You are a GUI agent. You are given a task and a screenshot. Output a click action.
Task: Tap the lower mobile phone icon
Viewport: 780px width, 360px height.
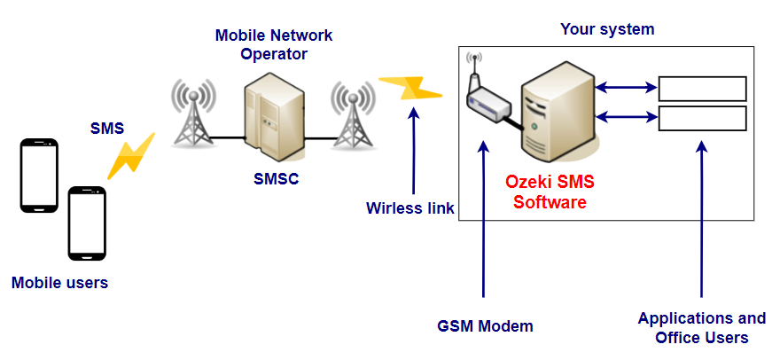[88, 223]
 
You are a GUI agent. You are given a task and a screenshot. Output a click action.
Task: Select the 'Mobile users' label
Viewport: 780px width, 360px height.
[59, 284]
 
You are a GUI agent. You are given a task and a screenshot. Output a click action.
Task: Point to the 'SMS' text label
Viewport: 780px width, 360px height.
[107, 128]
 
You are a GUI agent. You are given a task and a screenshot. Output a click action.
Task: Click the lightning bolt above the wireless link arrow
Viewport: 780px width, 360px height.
[409, 87]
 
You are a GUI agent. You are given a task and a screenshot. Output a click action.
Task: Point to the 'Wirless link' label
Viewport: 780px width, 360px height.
[409, 208]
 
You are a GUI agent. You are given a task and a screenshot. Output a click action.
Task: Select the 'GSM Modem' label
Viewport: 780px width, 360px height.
[486, 325]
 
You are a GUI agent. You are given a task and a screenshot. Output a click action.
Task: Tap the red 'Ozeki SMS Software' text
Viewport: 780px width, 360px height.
[550, 192]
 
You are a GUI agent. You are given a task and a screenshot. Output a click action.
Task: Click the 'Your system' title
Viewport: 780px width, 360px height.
[607, 29]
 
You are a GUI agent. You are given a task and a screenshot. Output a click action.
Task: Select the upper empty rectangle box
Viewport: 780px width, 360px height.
[702, 88]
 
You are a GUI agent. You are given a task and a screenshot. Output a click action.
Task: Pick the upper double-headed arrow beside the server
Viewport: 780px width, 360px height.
[625, 88]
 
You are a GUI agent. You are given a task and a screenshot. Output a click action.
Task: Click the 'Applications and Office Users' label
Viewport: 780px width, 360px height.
[701, 327]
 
